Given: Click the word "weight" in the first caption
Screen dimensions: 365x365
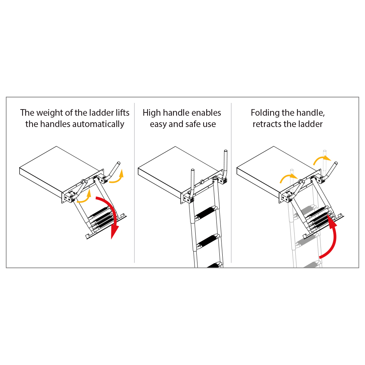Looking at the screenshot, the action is (x=50, y=113).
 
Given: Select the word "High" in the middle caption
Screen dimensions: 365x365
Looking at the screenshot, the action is (x=152, y=113).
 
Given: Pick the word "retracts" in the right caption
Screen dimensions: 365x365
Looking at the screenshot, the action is (x=268, y=124).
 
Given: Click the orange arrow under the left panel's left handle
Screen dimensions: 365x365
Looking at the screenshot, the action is (x=85, y=198).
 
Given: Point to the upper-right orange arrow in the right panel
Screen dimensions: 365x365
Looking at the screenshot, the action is (x=321, y=159).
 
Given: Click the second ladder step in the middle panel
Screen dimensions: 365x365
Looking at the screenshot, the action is (x=208, y=241).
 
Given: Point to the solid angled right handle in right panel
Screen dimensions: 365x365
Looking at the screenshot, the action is (x=330, y=171).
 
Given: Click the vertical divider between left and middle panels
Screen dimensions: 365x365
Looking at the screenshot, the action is (x=135, y=183).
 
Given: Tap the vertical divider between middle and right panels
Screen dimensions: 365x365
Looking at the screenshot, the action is (x=231, y=183).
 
